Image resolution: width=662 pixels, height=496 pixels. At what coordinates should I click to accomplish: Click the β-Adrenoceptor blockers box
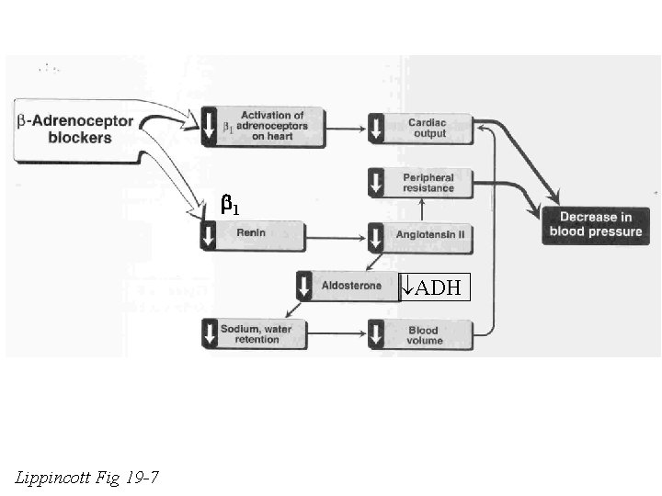(78, 130)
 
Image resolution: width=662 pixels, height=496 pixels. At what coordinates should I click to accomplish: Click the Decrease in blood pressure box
(594, 224)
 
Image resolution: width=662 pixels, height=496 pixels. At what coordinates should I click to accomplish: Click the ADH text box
(435, 288)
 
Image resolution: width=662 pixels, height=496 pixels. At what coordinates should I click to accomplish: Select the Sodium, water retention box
(261, 334)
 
